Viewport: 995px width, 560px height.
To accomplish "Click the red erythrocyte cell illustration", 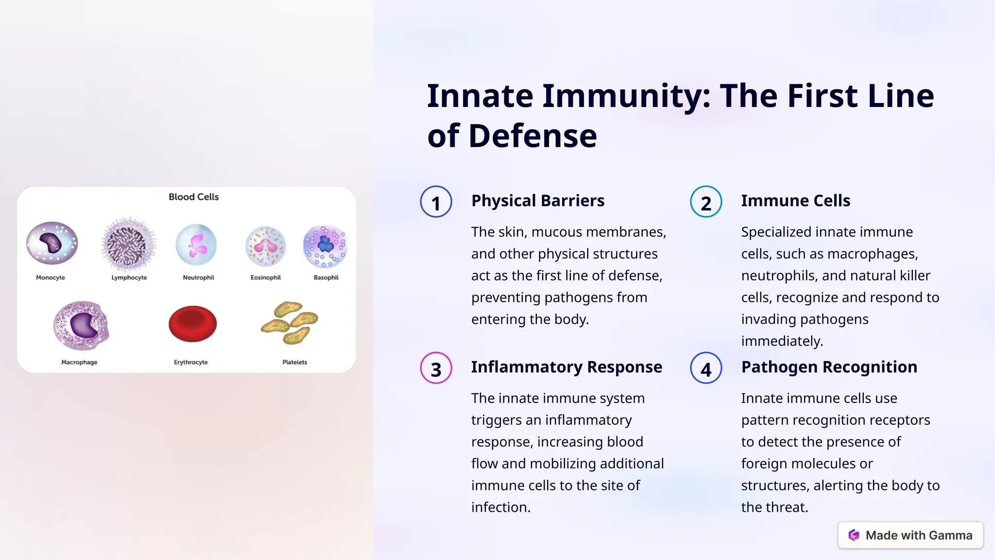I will [192, 324].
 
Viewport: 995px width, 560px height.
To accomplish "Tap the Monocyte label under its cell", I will [51, 278].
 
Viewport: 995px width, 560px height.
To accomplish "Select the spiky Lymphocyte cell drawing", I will [128, 244].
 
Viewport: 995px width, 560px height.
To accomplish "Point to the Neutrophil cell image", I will [196, 245].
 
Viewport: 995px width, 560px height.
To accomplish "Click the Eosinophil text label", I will [265, 278].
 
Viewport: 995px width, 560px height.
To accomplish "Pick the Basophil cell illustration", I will [325, 245].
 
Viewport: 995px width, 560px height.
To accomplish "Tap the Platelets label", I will [294, 362].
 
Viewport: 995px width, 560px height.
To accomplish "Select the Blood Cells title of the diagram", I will [193, 197].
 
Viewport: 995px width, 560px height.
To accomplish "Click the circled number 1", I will [436, 202].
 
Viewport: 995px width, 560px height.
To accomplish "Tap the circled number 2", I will [706, 202].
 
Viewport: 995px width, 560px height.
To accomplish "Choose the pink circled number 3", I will [436, 368].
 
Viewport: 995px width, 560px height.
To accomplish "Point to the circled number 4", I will [706, 368].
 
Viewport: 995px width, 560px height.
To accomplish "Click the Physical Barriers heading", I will [537, 201].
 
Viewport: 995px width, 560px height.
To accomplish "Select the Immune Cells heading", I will [795, 201].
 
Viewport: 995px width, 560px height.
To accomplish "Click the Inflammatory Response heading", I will [566, 367].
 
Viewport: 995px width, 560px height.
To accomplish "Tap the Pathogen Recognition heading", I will [829, 367].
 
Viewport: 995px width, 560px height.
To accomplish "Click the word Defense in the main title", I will [532, 136].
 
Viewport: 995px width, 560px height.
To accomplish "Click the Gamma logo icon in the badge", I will [854, 535].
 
